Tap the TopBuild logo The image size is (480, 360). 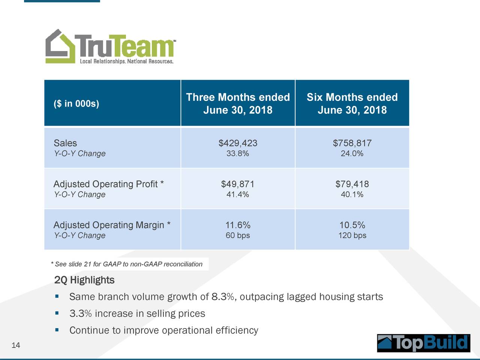pyautogui.click(x=423, y=343)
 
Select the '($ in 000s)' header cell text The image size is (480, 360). pyautogui.click(x=76, y=103)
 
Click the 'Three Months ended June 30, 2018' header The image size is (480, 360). pyautogui.click(x=238, y=103)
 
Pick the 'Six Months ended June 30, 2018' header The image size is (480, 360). pyautogui.click(x=352, y=103)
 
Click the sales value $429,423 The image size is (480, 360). pyautogui.click(x=238, y=143)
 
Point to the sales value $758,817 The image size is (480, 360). pyautogui.click(x=352, y=143)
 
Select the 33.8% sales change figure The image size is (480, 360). pyautogui.click(x=238, y=153)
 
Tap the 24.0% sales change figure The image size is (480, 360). pyautogui.click(x=352, y=153)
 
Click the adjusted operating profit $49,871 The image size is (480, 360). pyautogui.click(x=238, y=184)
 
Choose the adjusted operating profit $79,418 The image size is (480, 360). pyautogui.click(x=352, y=184)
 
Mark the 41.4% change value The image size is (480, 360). pyautogui.click(x=238, y=194)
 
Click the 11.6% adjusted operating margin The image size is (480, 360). pyautogui.click(x=238, y=225)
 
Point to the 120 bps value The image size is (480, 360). pyautogui.click(x=352, y=235)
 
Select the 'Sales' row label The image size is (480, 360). pyautogui.click(x=65, y=143)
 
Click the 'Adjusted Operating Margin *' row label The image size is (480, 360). pyautogui.click(x=112, y=225)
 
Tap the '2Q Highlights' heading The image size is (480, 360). pyautogui.click(x=84, y=280)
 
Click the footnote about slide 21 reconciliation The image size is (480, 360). pyautogui.click(x=127, y=264)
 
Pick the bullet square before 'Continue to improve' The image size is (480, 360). pyautogui.click(x=57, y=330)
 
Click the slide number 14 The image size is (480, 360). pyautogui.click(x=16, y=345)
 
